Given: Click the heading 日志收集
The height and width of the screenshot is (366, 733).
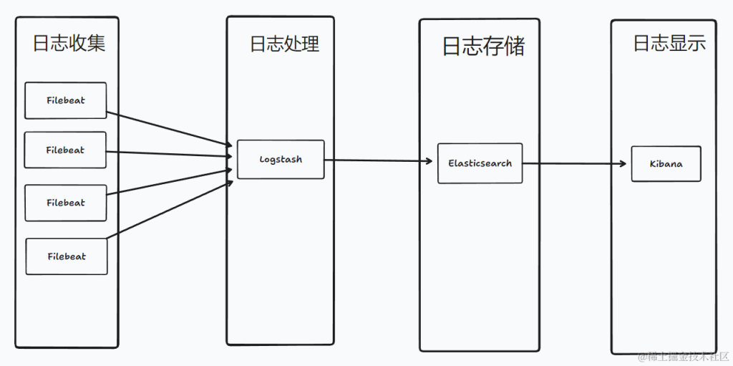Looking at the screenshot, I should pos(69,43).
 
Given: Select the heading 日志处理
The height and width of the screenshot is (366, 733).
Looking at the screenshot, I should pos(284,44).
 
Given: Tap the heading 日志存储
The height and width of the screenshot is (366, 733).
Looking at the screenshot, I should pos(483,47).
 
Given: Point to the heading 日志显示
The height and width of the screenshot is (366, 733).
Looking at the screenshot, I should pos(669,43).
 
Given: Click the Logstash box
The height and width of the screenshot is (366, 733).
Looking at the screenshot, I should pos(281,159).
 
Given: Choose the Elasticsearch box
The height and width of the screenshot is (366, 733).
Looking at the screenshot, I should pos(480,163).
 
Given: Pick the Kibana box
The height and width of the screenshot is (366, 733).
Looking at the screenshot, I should pos(666,163).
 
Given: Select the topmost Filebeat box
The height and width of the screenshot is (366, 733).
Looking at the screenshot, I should pos(65,100).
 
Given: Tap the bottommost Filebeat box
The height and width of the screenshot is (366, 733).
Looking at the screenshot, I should pos(67,256).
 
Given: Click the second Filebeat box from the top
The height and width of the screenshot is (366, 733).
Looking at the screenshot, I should pos(65,150).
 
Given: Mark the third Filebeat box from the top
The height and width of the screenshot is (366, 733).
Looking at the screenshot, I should pos(65,203).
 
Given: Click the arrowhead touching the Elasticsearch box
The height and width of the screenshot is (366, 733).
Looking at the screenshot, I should pos(432,161).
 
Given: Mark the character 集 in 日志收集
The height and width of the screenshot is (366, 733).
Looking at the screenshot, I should pos(96,43).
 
